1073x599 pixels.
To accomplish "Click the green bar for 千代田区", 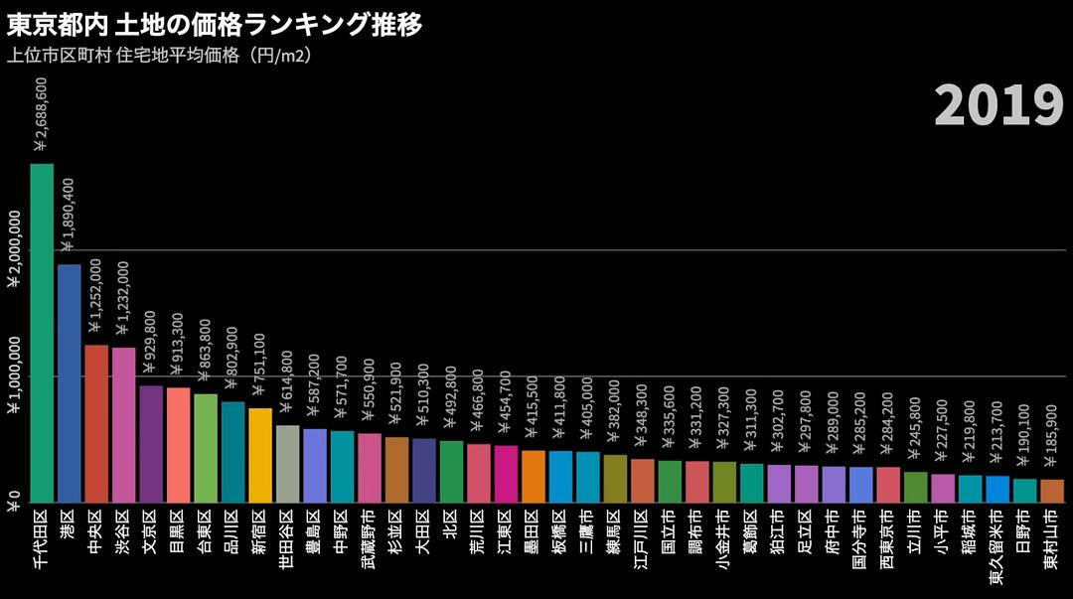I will click(x=42, y=333).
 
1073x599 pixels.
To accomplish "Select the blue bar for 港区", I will click(x=70, y=383).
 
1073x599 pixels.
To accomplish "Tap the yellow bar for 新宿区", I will click(x=260, y=455).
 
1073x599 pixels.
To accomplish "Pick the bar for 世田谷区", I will click(x=288, y=464).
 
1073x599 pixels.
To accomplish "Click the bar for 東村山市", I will click(x=1052, y=491).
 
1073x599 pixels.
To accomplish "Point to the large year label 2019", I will click(x=998, y=105).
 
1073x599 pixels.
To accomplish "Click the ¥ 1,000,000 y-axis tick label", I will click(x=14, y=376).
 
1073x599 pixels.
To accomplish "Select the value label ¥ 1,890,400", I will click(x=69, y=215).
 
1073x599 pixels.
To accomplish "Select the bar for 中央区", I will click(x=96, y=423).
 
